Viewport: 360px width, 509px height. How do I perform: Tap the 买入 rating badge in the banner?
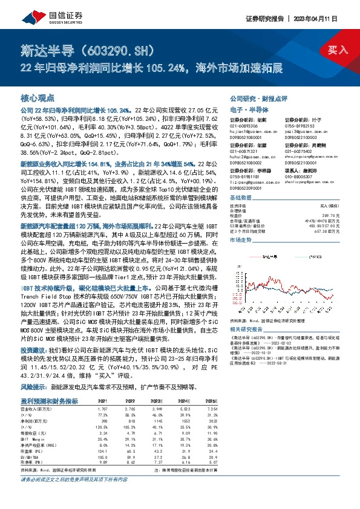click(336, 50)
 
